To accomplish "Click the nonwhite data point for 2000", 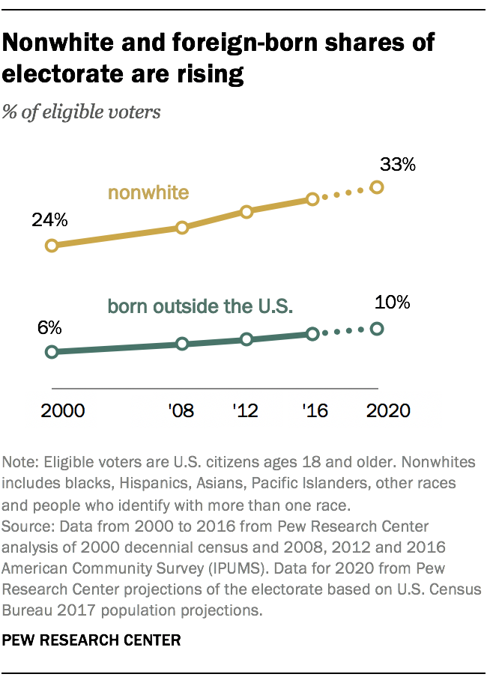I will click(x=52, y=245).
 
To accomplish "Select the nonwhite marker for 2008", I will click(x=181, y=227).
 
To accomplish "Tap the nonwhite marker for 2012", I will click(x=246, y=211).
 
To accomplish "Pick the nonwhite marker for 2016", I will click(x=312, y=199).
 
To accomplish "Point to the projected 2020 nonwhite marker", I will click(x=377, y=187).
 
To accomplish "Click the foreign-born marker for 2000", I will click(x=52, y=352).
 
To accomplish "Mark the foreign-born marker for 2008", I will click(x=181, y=344).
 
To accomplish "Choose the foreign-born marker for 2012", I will click(x=246, y=339).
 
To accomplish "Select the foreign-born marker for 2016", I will click(x=312, y=333).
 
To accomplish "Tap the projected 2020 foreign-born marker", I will click(x=377, y=329).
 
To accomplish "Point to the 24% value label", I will click(x=49, y=221).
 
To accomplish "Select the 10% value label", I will click(x=392, y=303).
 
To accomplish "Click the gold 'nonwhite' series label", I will click(x=148, y=192).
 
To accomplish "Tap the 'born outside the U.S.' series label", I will click(x=200, y=306).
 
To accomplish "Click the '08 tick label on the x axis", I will click(x=181, y=410).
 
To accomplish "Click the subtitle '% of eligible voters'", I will click(x=82, y=113).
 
